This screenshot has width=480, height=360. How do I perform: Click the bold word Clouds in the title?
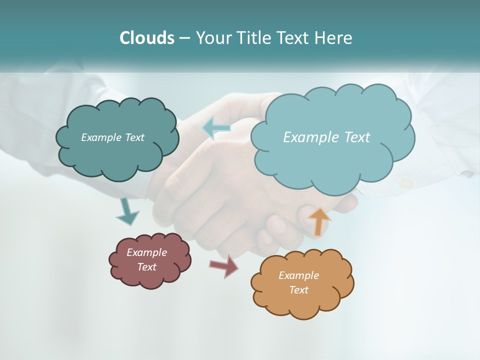click(x=146, y=38)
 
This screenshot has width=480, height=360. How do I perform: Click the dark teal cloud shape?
click(x=117, y=155)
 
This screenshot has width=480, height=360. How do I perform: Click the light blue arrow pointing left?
click(x=216, y=128)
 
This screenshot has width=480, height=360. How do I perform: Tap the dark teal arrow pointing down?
click(x=127, y=212)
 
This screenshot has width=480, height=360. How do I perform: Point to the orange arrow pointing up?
click(x=319, y=221)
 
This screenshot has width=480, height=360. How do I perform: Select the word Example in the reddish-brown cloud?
click(x=146, y=252)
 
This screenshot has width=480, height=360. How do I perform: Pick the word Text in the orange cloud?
click(x=298, y=290)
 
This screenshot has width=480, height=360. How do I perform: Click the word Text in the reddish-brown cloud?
click(x=146, y=267)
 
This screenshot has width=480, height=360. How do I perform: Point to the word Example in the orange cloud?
click(x=298, y=275)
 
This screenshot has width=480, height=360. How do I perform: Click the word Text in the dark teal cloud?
click(x=134, y=137)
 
